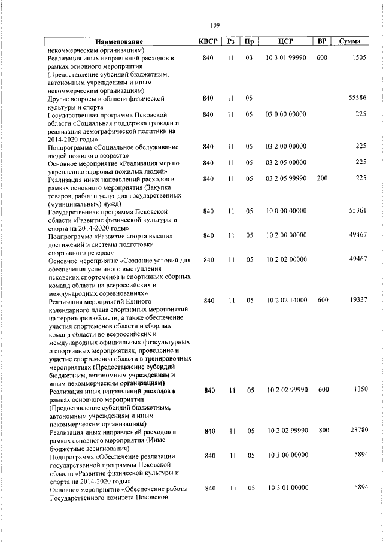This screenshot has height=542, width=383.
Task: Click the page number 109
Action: (215, 25)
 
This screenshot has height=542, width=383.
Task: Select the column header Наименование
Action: (119, 41)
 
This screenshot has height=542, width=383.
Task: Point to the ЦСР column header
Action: (285, 41)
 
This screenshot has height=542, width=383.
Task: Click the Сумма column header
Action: (349, 41)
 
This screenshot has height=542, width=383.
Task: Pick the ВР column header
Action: (322, 41)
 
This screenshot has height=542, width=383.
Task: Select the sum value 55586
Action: (357, 97)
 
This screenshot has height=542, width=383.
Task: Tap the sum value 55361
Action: (357, 211)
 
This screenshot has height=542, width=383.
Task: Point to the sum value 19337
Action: (357, 299)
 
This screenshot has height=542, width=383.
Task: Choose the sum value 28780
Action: (357, 430)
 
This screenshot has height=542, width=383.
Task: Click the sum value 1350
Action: (360, 390)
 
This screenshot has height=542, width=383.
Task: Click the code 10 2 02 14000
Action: (287, 299)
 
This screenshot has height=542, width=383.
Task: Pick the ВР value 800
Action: (324, 430)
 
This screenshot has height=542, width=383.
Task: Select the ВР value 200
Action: (322, 178)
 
